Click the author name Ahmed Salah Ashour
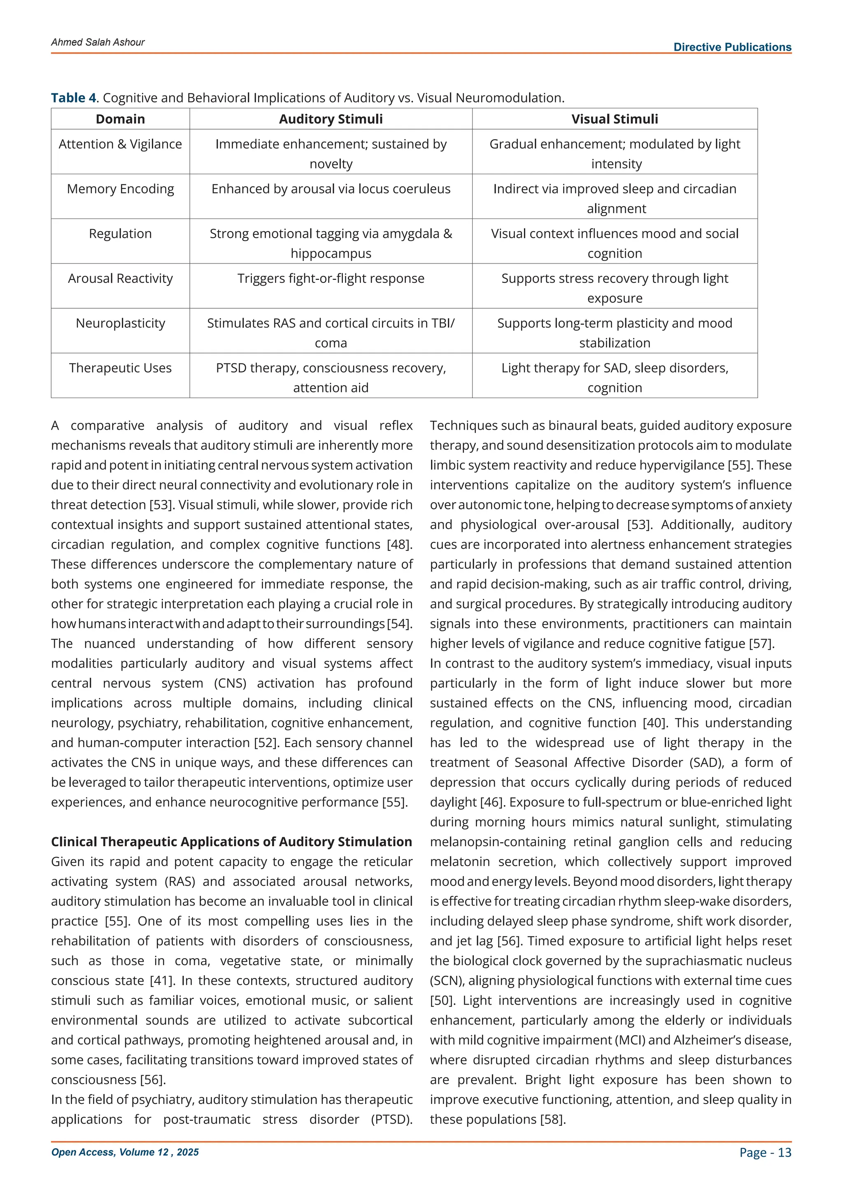pyautogui.click(x=98, y=42)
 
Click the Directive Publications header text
pyautogui.click(x=732, y=47)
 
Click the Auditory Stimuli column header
pyautogui.click(x=331, y=119)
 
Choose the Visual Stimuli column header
pyautogui.click(x=614, y=119)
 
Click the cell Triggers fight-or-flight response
pyautogui.click(x=331, y=278)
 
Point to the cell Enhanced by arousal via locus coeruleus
pyautogui.click(x=331, y=189)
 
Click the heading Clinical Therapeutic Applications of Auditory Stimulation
pyautogui.click(x=231, y=842)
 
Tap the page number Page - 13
pyautogui.click(x=765, y=1152)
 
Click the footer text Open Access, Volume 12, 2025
pyautogui.click(x=125, y=1152)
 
